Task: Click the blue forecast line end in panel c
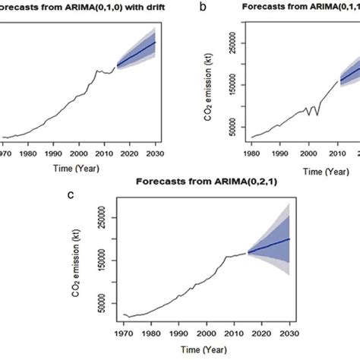coord(289,238)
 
